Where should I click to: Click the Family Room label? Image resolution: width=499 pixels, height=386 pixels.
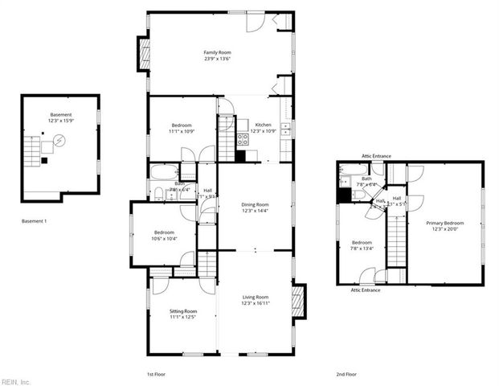pos(217,52)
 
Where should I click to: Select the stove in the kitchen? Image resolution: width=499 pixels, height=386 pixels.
pos(242,138)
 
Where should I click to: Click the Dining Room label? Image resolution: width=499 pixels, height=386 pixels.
pos(255,204)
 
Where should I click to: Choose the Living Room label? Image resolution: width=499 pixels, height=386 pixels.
pos(255,298)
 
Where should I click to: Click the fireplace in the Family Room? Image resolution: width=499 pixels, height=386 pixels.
pos(145,55)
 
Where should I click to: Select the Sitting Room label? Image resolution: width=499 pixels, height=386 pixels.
pos(182,310)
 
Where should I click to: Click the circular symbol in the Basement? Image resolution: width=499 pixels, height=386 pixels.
pos(59,142)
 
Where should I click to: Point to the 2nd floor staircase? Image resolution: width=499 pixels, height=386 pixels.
pos(396,233)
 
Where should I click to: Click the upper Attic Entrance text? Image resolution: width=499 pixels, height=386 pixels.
pos(376,155)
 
